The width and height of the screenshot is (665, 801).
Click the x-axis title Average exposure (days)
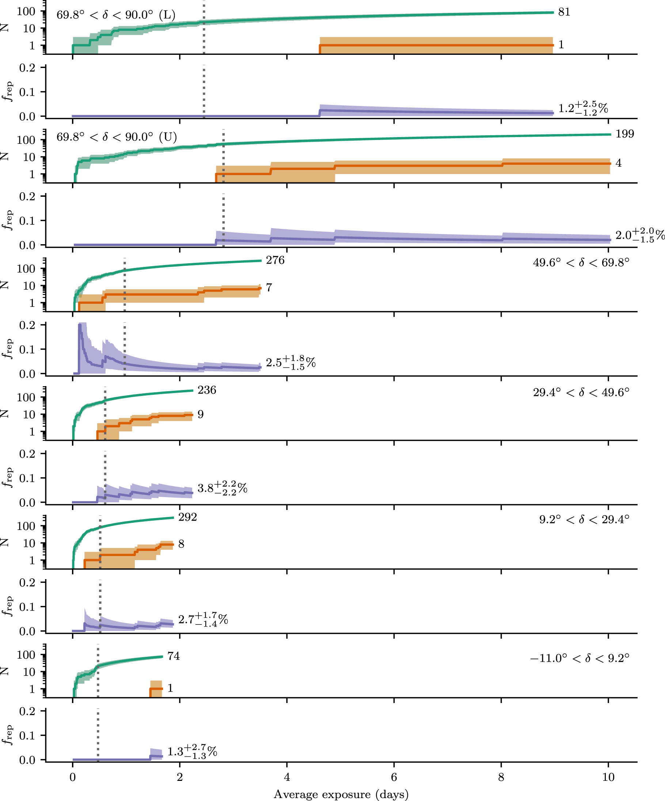tap(341, 794)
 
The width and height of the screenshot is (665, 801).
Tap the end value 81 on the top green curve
tap(564, 12)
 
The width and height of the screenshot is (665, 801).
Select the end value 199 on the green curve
tap(624, 134)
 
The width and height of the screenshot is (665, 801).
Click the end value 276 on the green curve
tap(275, 260)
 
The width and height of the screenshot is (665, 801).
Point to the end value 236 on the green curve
tap(207, 390)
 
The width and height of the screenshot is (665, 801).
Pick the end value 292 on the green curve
tap(187, 517)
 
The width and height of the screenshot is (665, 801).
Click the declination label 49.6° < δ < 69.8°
tap(581, 262)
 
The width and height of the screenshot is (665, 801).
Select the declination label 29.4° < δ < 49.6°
tap(581, 392)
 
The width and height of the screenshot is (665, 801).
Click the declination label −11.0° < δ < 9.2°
tap(579, 658)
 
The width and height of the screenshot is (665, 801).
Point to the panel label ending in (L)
tap(116, 15)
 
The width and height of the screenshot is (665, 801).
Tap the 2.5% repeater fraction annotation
tap(290, 362)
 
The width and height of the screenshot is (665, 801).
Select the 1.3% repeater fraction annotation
tap(192, 751)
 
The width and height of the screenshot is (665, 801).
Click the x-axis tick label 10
tap(608, 777)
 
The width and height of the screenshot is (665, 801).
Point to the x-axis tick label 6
tap(394, 777)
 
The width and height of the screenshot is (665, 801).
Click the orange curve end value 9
tap(201, 414)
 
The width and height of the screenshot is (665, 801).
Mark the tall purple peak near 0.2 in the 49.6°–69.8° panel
tap(80, 325)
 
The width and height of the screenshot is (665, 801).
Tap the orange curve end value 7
tap(269, 287)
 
